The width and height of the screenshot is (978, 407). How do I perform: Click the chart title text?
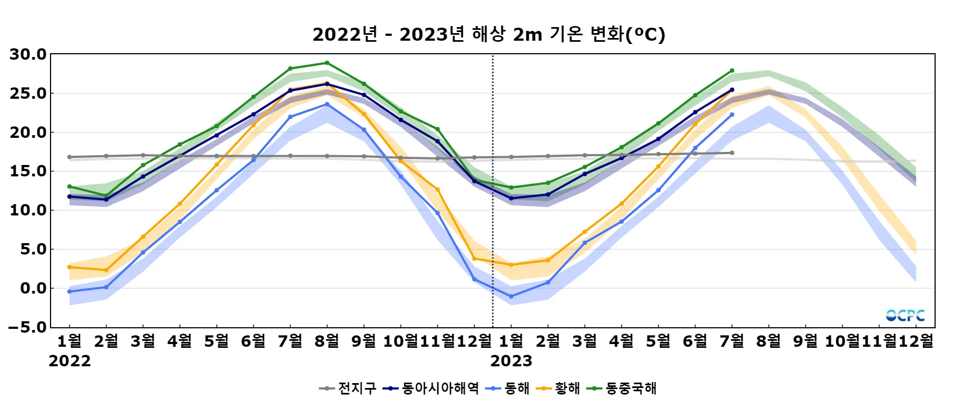point(488,35)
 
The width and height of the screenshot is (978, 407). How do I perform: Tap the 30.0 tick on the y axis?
point(28,54)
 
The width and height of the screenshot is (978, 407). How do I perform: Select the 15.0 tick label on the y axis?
point(28,171)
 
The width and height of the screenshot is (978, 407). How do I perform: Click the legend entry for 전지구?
point(348,389)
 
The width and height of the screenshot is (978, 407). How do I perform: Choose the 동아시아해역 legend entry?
point(431,389)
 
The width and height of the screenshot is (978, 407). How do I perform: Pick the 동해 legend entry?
point(507,389)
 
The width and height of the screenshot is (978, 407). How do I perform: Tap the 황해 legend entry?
point(558,389)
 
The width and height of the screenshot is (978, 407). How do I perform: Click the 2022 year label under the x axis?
point(70,361)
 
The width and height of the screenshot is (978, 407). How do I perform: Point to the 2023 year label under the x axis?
point(511,361)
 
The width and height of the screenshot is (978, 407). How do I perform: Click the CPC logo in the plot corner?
point(905,315)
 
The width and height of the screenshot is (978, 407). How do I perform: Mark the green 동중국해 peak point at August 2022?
point(327,63)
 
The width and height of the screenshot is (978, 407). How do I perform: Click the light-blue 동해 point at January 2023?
point(511,297)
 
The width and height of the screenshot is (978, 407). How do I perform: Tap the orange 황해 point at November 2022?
point(437,189)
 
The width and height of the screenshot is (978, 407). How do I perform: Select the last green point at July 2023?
point(732,71)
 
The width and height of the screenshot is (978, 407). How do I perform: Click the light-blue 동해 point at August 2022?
point(327,104)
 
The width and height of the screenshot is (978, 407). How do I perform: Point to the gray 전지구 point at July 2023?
point(732,153)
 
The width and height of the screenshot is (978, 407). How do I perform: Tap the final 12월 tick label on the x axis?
point(916,341)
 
